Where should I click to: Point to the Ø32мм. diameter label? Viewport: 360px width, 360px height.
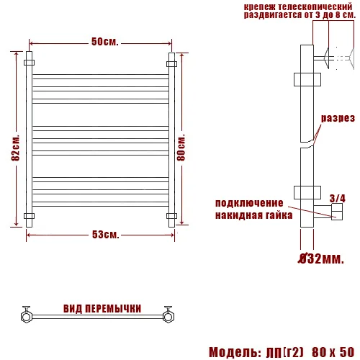[321, 257]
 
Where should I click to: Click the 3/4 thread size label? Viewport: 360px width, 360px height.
[337, 197]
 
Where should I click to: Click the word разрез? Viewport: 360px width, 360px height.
[338, 118]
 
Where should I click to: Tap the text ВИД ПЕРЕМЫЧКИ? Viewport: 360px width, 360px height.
[102, 308]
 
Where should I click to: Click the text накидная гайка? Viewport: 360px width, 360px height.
[254, 215]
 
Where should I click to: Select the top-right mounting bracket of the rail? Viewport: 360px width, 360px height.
[171, 63]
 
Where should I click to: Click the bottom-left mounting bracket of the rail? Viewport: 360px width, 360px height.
[29, 215]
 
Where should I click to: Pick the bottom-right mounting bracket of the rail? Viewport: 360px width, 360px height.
[171, 215]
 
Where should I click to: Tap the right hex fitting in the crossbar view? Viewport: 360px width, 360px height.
[170, 314]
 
